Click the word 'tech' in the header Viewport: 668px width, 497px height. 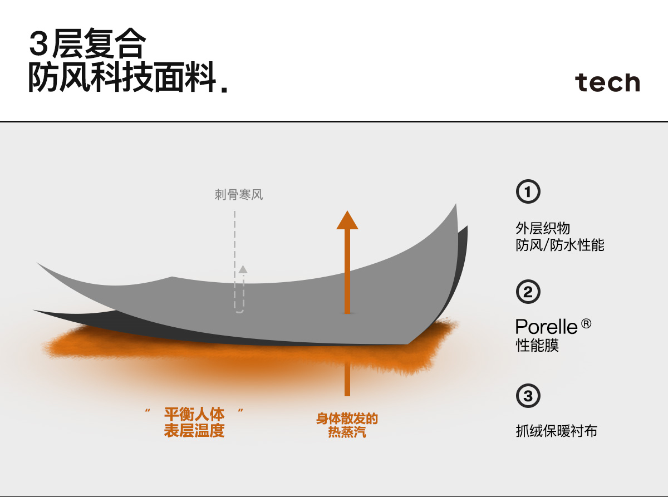[607, 82]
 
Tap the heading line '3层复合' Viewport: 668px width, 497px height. [87, 44]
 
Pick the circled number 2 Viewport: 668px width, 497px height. [528, 292]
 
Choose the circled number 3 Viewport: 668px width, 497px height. [528, 396]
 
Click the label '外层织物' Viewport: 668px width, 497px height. [543, 228]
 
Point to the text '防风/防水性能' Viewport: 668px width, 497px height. [560, 245]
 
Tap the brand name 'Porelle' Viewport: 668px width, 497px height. [545, 326]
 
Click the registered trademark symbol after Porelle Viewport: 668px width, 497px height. [586, 323]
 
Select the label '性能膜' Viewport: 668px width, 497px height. [537, 345]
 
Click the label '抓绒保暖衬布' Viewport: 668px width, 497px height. [556, 431]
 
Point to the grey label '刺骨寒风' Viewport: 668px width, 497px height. [238, 195]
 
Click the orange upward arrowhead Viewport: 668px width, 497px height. [347, 220]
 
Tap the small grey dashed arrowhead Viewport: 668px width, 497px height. [243, 269]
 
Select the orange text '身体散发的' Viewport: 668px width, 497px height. [347, 419]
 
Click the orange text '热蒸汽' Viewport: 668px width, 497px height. [347, 432]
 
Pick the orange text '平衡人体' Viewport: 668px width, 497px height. [194, 415]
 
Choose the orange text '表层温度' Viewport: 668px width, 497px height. [194, 431]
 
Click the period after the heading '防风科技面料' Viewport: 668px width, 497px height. [224, 89]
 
